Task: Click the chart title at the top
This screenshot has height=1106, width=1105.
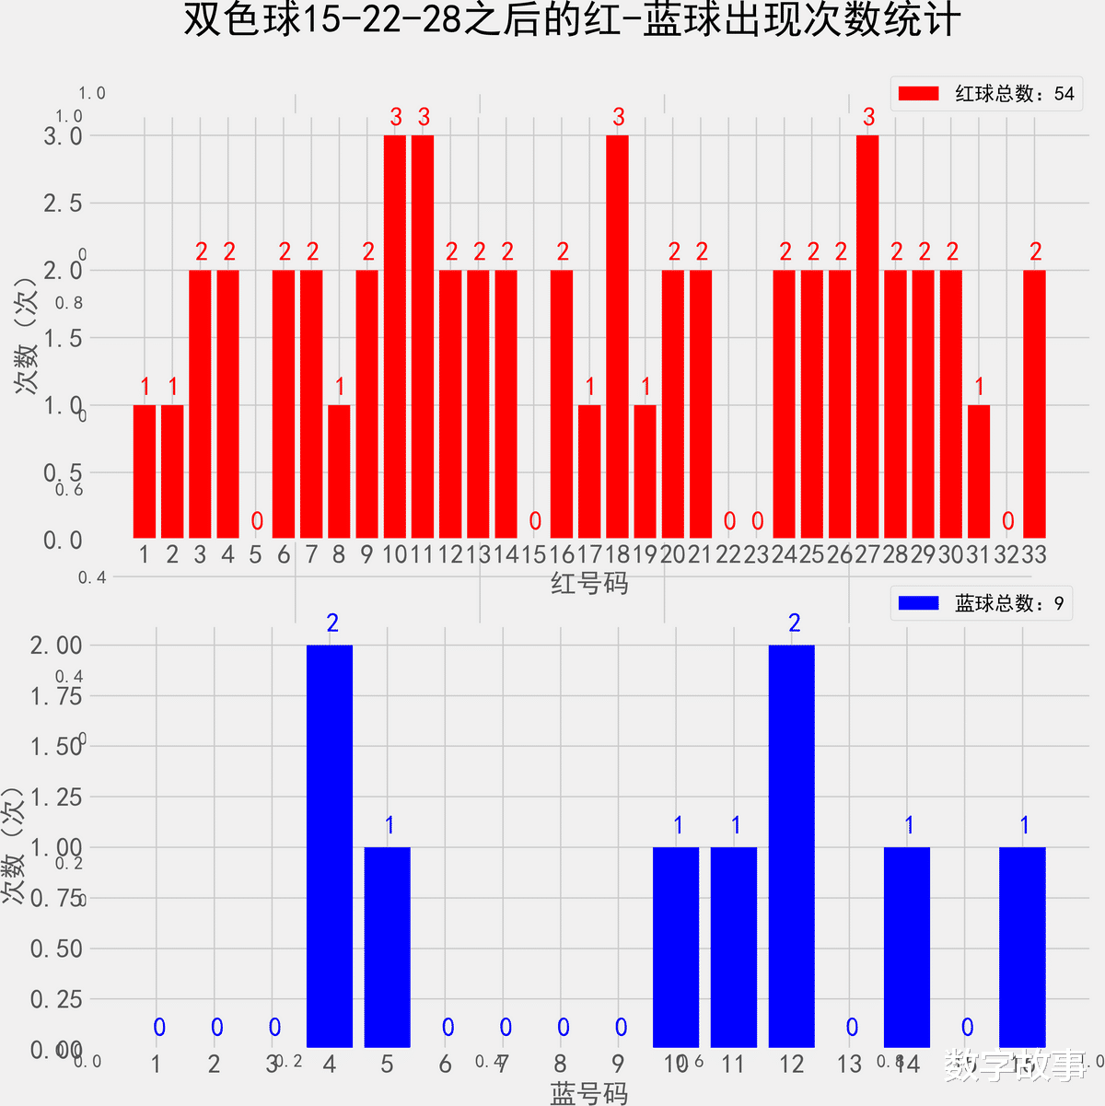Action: pyautogui.click(x=572, y=20)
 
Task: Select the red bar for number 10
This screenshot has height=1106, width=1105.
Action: pyautogui.click(x=395, y=336)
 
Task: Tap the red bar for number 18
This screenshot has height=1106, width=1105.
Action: pyautogui.click(x=617, y=336)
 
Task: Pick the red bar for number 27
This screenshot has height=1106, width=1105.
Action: pyautogui.click(x=867, y=336)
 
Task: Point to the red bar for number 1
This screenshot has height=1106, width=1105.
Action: pyautogui.click(x=145, y=472)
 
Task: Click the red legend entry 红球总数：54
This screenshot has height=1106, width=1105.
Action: pyautogui.click(x=985, y=94)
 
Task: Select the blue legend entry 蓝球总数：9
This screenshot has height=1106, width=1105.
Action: pyautogui.click(x=982, y=604)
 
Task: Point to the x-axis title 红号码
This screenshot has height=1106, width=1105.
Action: pyautogui.click(x=589, y=583)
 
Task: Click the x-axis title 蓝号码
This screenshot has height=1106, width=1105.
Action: pyautogui.click(x=589, y=1093)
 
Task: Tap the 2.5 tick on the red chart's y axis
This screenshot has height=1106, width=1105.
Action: pyautogui.click(x=63, y=204)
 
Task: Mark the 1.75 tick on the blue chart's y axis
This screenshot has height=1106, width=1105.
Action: pyautogui.click(x=56, y=696)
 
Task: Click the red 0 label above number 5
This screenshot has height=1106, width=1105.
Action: pyautogui.click(x=257, y=522)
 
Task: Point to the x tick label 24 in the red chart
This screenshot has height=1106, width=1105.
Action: pyautogui.click(x=785, y=554)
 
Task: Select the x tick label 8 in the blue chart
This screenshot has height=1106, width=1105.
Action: pyautogui.click(x=561, y=1065)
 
